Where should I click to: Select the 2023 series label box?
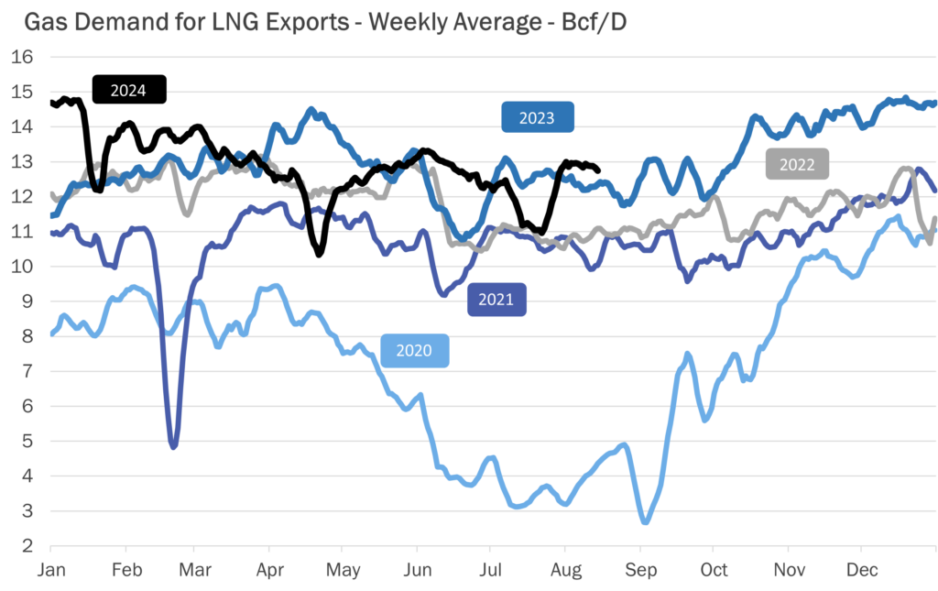[538, 117]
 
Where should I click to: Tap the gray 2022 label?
[797, 164]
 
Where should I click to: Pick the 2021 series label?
[497, 300]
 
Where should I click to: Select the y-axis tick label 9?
[28, 301]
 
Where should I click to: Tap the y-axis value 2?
[28, 546]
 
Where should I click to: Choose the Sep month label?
[640, 569]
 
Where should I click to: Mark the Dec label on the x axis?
[860, 569]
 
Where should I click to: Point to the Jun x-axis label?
[417, 569]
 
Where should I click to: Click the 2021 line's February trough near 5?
[173, 446]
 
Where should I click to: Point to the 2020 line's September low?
[645, 522]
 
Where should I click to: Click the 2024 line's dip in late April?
[319, 254]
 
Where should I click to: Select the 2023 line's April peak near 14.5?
[311, 110]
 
